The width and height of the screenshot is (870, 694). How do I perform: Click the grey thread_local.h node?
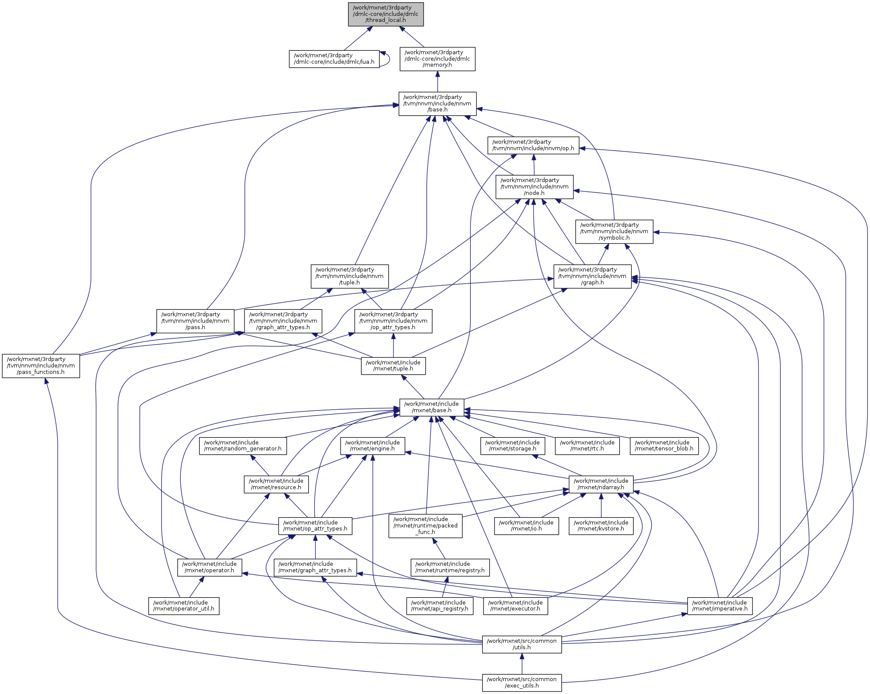pyautogui.click(x=386, y=14)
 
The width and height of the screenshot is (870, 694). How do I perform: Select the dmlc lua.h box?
pyautogui.click(x=334, y=59)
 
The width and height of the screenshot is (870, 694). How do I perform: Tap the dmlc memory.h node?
pyautogui.click(x=437, y=59)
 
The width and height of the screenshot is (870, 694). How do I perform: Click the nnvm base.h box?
pyautogui.click(x=437, y=104)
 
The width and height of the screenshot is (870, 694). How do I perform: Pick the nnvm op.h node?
pyautogui.click(x=533, y=145)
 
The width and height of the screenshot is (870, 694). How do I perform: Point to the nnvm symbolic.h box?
pyautogui.click(x=614, y=231)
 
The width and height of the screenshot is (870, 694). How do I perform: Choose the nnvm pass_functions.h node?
pyautogui.click(x=41, y=366)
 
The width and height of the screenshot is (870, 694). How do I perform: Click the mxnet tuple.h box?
pyautogui.click(x=393, y=366)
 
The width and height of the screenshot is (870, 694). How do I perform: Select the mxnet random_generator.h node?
pyautogui.click(x=243, y=446)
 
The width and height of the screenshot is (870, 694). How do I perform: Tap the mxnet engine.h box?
pyautogui.click(x=372, y=446)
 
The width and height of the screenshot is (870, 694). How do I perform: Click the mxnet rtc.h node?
pyautogui.click(x=587, y=446)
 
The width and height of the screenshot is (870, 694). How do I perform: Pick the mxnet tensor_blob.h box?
pyautogui.click(x=664, y=446)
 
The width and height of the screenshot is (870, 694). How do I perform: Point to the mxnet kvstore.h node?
pyautogui.click(x=601, y=526)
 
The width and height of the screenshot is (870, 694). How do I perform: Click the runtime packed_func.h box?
pyautogui.click(x=425, y=526)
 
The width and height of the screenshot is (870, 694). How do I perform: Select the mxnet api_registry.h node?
pyautogui.click(x=440, y=606)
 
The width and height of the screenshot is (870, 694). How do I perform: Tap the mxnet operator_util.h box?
pyautogui.click(x=184, y=606)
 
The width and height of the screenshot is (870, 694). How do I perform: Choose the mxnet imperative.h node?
pyautogui.click(x=720, y=606)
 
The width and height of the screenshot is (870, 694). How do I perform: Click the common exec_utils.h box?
pyautogui.click(x=522, y=683)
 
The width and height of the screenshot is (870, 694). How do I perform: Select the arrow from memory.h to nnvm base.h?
pyautogui.click(x=437, y=81)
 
